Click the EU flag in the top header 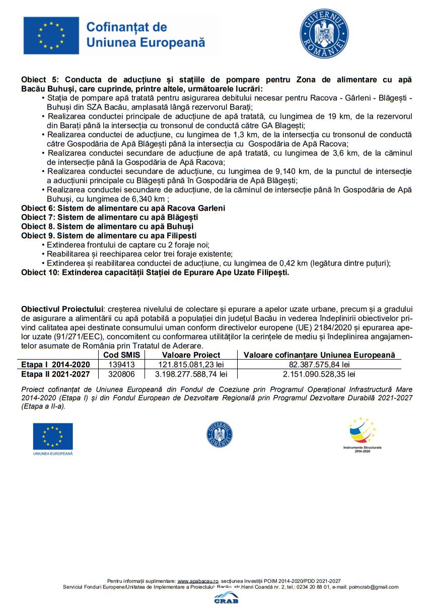pos(51,35)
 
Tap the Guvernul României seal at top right pos(324,34)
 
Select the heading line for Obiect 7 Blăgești pos(109,217)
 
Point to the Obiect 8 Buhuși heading pos(107,226)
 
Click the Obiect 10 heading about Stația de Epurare pos(155,272)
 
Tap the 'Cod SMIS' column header pos(122,355)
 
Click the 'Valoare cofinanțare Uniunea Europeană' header pos(319,355)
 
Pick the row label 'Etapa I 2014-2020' pos(55,365)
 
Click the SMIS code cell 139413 pos(122,365)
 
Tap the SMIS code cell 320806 pos(122,374)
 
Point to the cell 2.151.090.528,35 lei pos(319,374)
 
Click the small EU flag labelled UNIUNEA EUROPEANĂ pos(53,436)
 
